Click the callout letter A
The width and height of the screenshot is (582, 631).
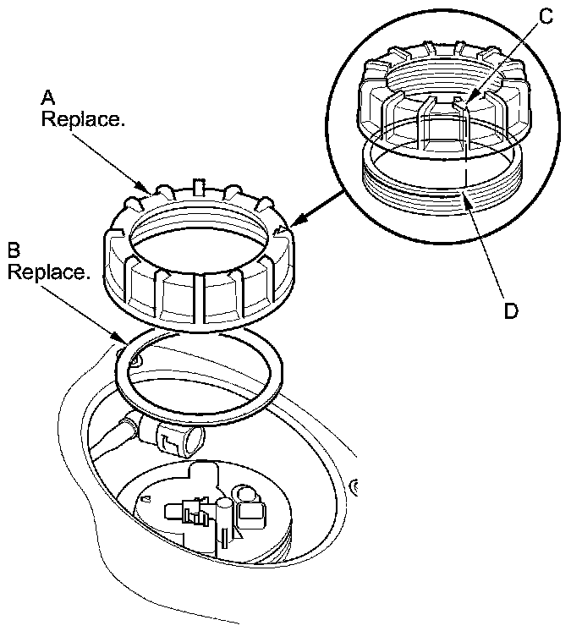point(48,98)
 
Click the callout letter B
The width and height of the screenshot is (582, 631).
point(14,250)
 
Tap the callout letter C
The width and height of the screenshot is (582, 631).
point(546,17)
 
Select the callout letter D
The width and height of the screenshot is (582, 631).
point(511,311)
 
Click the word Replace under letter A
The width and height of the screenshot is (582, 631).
point(83,119)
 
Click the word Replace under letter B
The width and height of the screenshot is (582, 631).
point(48,272)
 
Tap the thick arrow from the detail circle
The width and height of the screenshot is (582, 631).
point(321,208)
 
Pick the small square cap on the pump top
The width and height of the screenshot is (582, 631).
point(251,514)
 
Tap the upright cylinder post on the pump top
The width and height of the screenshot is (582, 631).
point(223,523)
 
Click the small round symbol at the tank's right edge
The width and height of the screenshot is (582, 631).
point(354,487)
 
